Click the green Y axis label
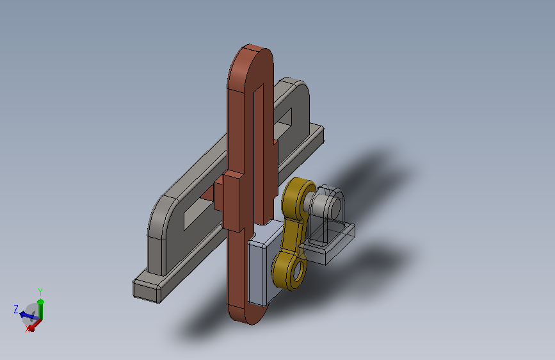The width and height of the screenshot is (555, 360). [x=40, y=292]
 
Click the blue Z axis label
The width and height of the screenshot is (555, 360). [x=16, y=309]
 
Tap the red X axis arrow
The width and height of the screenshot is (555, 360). [x=35, y=325]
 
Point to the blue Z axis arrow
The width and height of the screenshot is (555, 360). [x=28, y=315]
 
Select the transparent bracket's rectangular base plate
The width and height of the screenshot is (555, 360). [x=327, y=245]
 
